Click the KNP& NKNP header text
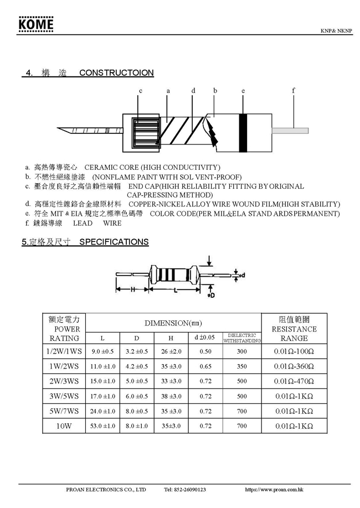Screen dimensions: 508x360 point(336,31)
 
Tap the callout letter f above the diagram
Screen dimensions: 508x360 point(294,90)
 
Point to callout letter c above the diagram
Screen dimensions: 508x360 point(141,90)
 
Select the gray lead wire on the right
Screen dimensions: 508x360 point(290,131)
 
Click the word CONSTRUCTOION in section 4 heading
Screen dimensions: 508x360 point(116,73)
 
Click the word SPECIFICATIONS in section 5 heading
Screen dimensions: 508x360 point(114,242)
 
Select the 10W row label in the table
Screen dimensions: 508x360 point(64,426)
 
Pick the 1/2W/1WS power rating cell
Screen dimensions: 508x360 point(64,351)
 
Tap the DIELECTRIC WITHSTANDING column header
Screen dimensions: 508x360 point(241,338)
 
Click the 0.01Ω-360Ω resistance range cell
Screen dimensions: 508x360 point(294,366)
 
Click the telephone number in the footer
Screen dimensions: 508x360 point(185,490)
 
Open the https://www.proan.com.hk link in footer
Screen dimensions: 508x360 point(274,490)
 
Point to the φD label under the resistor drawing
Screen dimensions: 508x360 point(210,296)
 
